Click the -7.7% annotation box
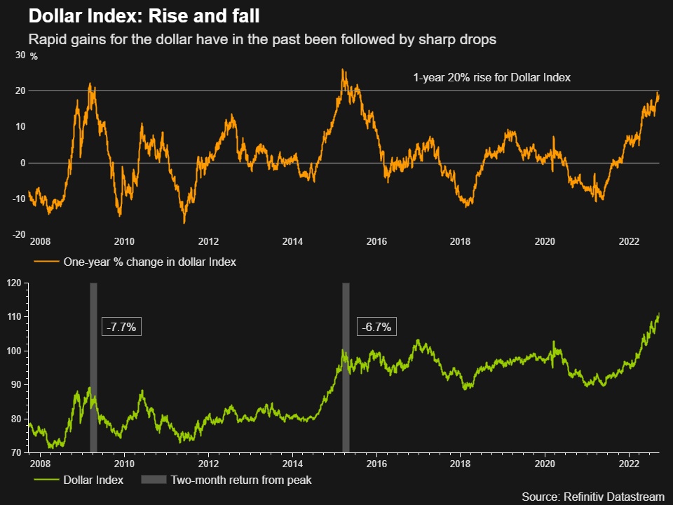click(121, 327)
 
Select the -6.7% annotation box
click(376, 327)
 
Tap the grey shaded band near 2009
click(93, 368)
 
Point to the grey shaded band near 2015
click(346, 368)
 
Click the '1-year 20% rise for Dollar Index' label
click(491, 78)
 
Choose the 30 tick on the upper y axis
click(20, 55)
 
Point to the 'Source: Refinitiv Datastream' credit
click(592, 497)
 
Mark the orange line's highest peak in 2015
click(342, 69)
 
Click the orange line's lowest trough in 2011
click(184, 223)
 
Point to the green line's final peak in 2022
click(659, 314)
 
